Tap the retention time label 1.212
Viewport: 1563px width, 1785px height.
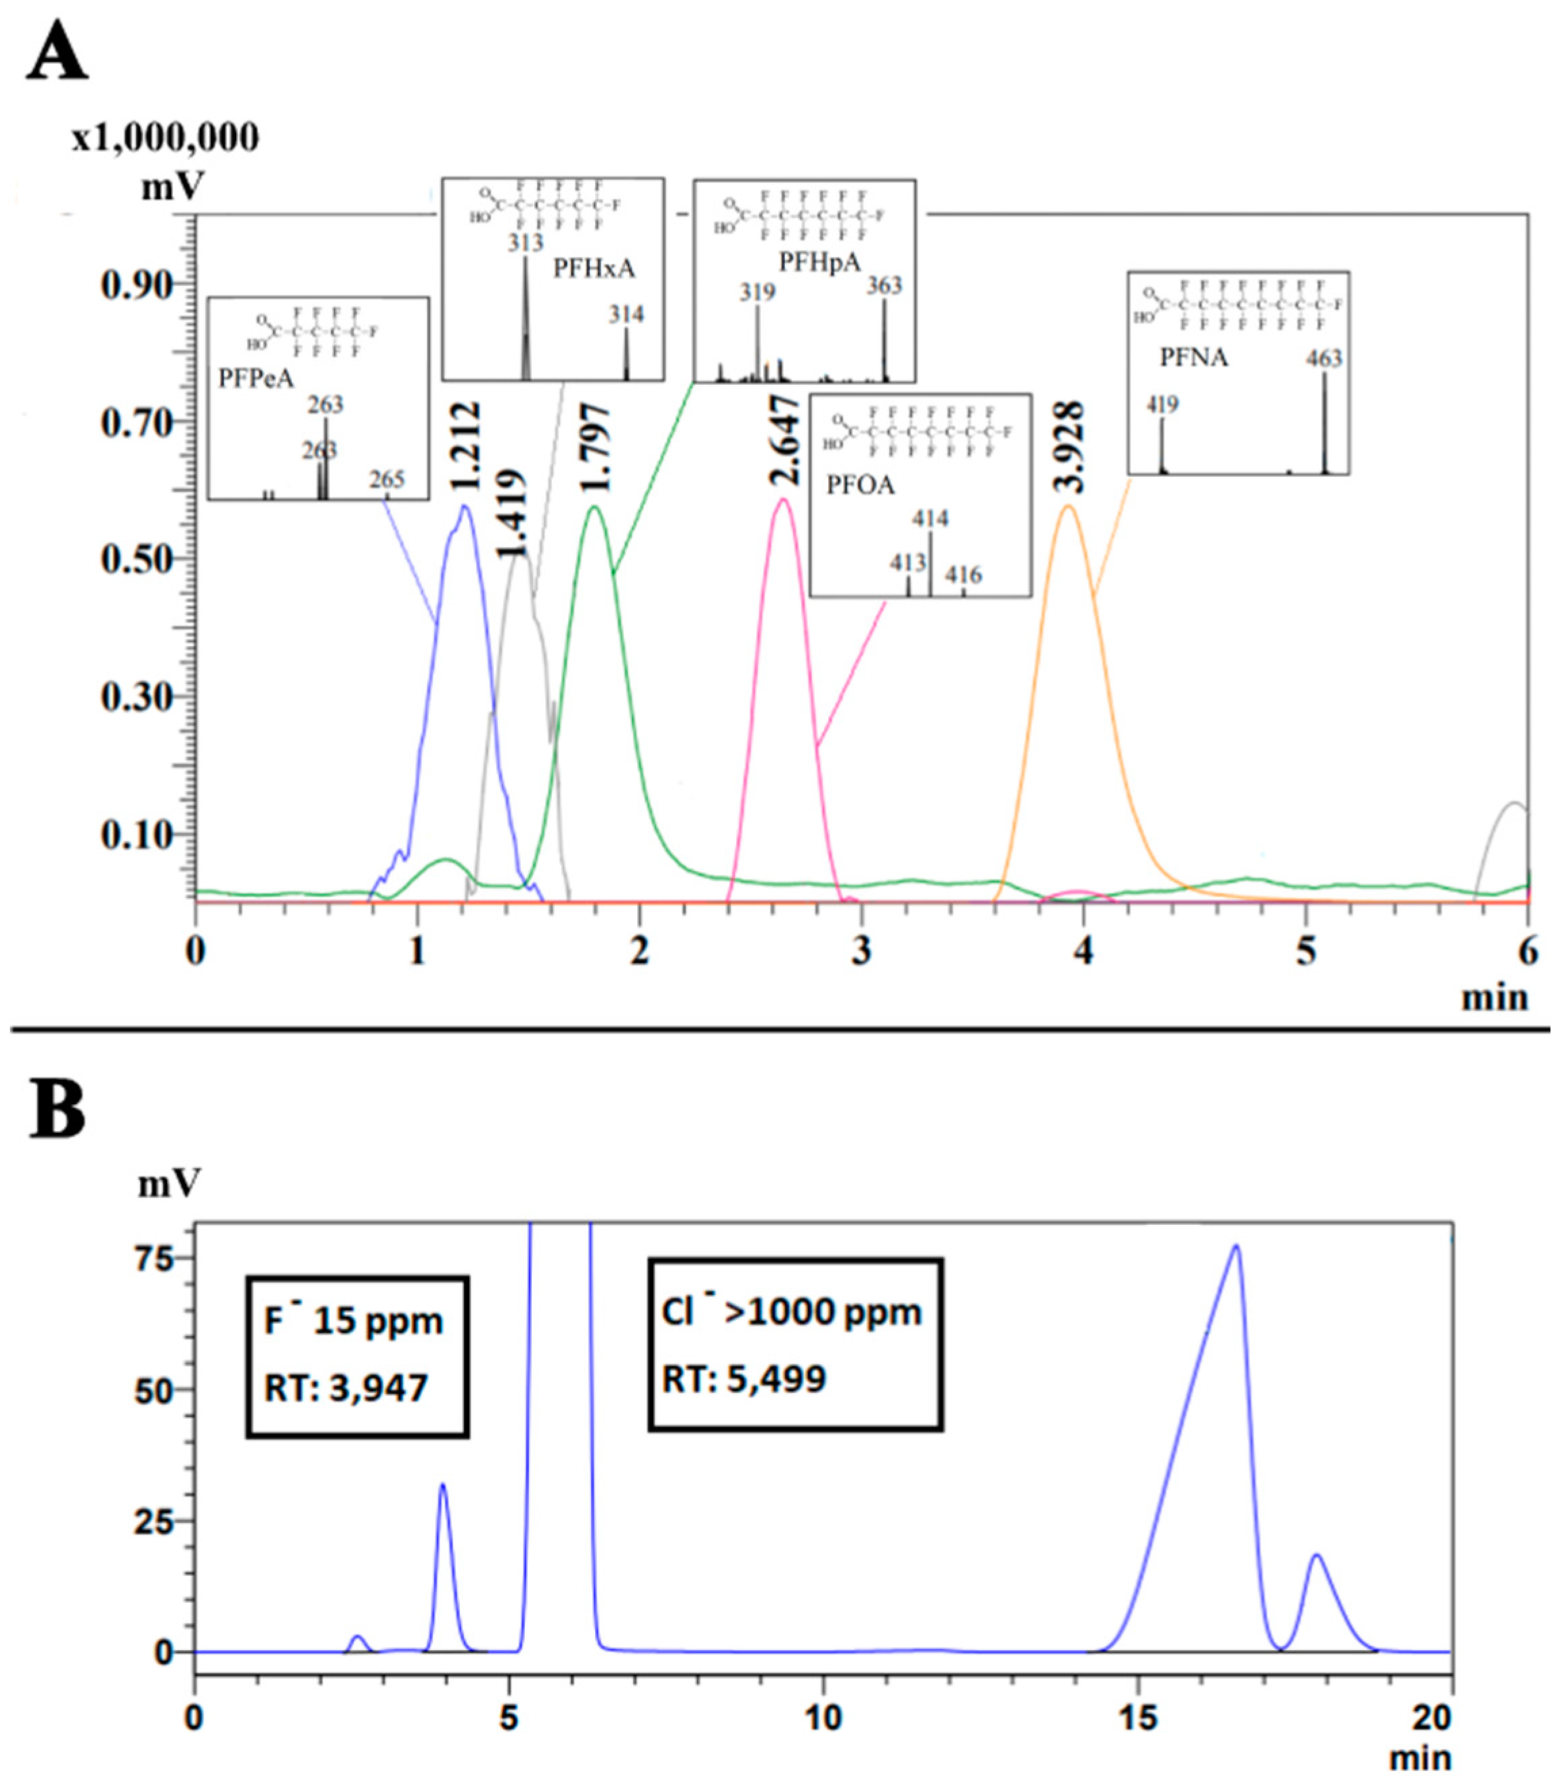pos(469,446)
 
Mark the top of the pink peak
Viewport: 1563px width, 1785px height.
pos(784,499)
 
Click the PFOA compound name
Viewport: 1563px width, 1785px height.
pos(861,485)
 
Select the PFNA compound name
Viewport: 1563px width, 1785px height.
pos(1193,358)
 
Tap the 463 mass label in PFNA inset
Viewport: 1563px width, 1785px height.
pos(1323,358)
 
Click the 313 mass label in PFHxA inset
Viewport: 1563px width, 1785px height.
pos(526,243)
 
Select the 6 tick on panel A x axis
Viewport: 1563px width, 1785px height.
pos(1527,952)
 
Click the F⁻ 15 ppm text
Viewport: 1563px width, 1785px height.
pos(354,1320)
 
